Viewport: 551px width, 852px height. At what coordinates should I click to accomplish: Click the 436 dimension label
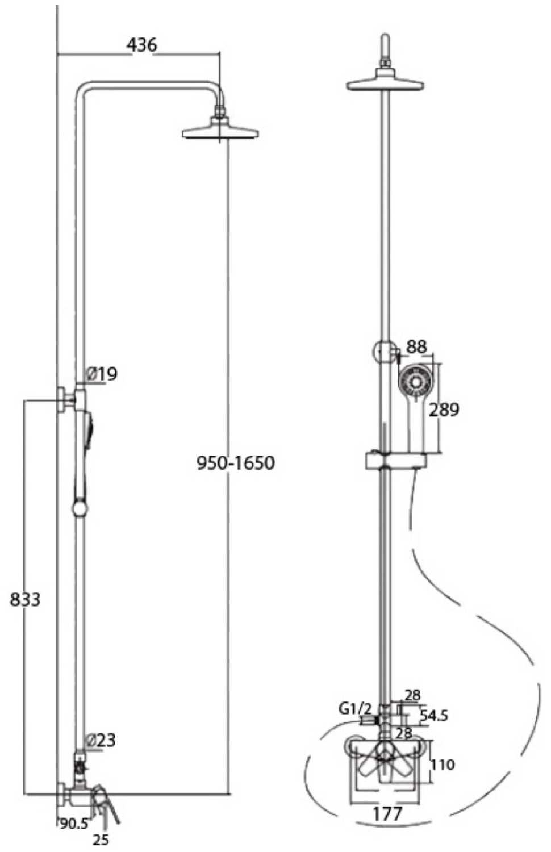point(142,45)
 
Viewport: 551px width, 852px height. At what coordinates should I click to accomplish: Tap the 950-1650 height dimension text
point(236,463)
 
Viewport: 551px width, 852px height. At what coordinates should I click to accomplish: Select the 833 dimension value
point(25,599)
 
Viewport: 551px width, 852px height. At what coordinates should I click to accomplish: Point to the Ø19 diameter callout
point(102,374)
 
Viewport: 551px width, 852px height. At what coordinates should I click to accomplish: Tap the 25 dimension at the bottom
point(101,839)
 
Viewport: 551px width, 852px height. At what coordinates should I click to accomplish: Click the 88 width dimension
point(417,346)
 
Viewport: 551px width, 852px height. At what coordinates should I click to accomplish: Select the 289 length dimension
point(444,410)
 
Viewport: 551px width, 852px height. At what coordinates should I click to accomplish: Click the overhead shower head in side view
point(220,129)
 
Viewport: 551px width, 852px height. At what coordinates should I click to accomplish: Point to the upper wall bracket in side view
point(66,399)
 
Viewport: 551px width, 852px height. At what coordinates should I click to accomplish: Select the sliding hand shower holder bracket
point(395,461)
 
